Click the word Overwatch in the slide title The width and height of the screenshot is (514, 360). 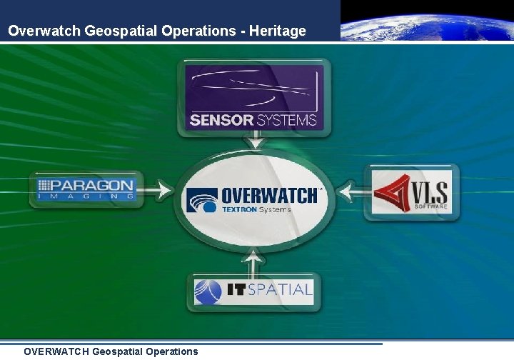tap(44, 31)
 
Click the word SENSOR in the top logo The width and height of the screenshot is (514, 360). tap(222, 120)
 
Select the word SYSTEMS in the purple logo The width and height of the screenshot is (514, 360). tap(287, 120)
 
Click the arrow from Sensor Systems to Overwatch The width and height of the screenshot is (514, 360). tap(253, 143)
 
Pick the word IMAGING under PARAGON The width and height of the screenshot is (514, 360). tap(86, 196)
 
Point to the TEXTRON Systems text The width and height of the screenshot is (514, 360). tap(256, 210)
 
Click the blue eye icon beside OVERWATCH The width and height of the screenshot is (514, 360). tap(202, 200)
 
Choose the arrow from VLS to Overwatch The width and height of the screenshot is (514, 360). tap(351, 191)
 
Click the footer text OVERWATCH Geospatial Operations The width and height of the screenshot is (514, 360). tap(111, 351)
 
